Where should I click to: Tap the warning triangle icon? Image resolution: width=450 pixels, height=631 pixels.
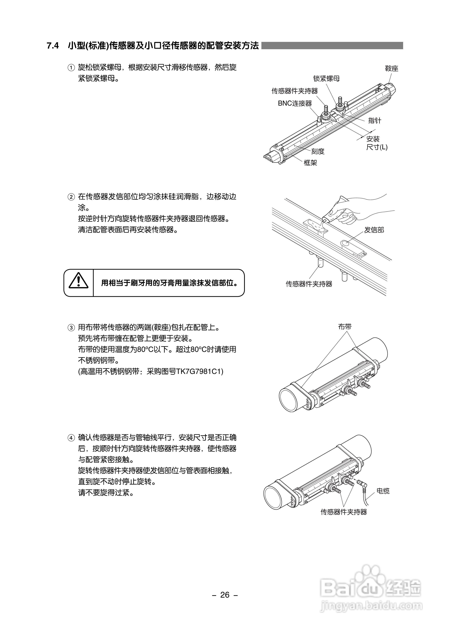pyautogui.click(x=79, y=281)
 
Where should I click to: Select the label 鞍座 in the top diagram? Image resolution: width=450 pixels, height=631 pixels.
pyautogui.click(x=391, y=68)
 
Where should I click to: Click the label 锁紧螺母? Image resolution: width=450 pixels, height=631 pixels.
pyautogui.click(x=326, y=79)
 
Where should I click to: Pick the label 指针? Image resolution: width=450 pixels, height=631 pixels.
pyautogui.click(x=374, y=120)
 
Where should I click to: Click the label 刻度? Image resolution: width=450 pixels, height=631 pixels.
pyautogui.click(x=317, y=151)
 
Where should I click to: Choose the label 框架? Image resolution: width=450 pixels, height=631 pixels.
pyautogui.click(x=310, y=163)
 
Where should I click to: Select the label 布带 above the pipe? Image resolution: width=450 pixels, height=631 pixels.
pyautogui.click(x=345, y=327)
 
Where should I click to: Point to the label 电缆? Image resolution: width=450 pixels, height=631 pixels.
pyautogui.click(x=383, y=491)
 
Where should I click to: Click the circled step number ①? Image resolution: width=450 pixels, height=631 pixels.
pyautogui.click(x=71, y=68)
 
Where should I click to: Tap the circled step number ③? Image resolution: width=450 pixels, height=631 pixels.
pyautogui.click(x=71, y=328)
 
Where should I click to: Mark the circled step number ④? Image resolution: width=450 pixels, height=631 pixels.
pyautogui.click(x=71, y=438)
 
